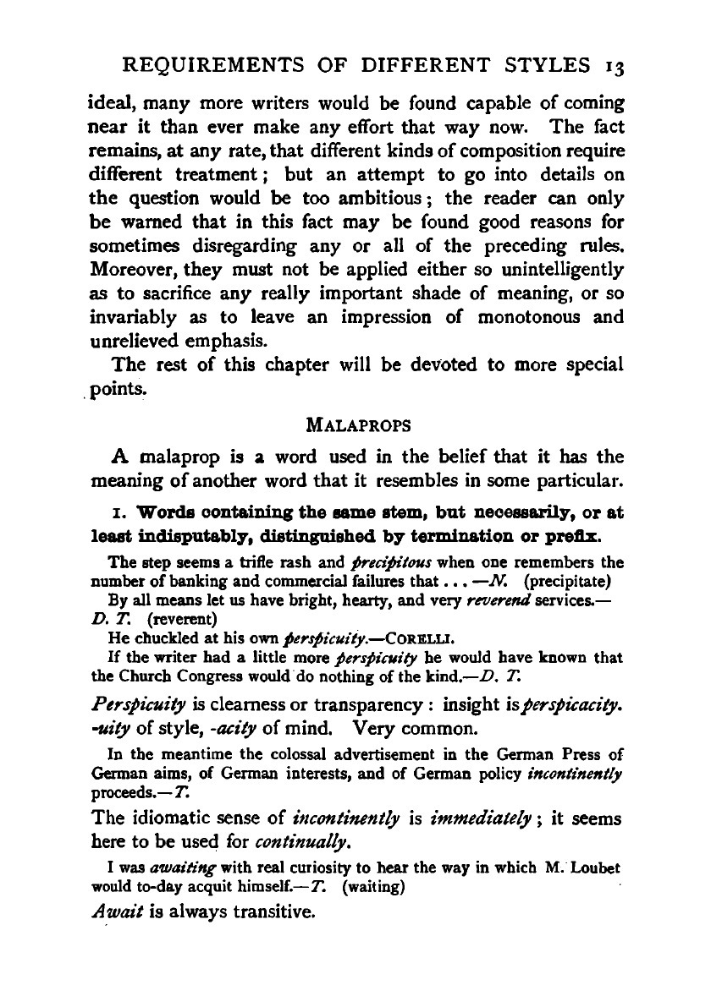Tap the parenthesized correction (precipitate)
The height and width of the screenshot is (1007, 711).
569,581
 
